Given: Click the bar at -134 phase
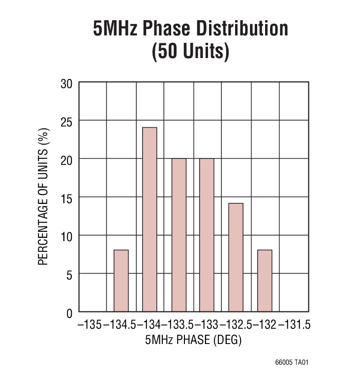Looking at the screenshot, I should coord(150,219).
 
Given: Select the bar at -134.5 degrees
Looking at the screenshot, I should coord(121,281).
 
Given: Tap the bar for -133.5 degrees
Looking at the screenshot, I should coord(179,235).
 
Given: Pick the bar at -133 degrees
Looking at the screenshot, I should coord(207,235).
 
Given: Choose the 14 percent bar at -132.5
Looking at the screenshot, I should coord(236,257).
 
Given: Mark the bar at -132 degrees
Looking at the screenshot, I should coord(265,281).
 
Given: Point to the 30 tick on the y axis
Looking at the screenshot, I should coord(66,84).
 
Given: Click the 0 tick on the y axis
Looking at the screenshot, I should coord(69,312).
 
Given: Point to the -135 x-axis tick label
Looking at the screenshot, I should coord(90,325).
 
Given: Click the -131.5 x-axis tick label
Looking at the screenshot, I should coord(295,325).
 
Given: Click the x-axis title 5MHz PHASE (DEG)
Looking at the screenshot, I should coord(193,340).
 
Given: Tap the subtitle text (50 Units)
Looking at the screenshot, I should coord(190,51).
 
